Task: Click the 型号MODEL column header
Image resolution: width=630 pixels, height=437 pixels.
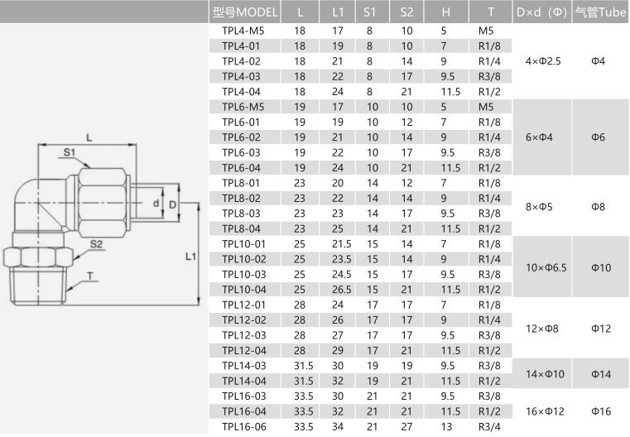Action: coord(245,12)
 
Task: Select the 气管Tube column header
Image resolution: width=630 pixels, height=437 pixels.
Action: coord(601,12)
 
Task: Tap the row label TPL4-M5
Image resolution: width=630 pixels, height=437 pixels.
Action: coord(243,31)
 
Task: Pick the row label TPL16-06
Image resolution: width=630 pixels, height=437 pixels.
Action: coord(244,426)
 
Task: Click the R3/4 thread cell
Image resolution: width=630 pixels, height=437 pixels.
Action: coord(489,426)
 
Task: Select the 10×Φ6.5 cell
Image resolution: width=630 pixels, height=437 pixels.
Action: coord(546,267)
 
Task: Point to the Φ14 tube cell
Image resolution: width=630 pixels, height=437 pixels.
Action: coord(601,374)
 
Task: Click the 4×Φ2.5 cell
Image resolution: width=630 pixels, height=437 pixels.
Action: coord(543,61)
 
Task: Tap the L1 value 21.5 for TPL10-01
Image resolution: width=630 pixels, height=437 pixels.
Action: coord(342,244)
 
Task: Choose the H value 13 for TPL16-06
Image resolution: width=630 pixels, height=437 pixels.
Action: coord(446,426)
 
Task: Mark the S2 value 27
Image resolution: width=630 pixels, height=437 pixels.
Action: coord(406,426)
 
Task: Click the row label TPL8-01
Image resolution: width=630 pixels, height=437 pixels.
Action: coord(241,183)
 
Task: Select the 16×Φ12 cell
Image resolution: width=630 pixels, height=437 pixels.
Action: coord(545,411)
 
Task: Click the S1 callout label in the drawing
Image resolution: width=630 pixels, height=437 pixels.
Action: coord(70,152)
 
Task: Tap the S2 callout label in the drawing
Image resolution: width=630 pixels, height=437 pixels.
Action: coord(96,244)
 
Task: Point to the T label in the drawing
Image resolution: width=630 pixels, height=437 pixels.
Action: coord(90,276)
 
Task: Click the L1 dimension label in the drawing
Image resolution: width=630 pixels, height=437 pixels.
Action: coord(190,257)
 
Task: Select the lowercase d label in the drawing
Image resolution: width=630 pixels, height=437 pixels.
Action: coord(156,204)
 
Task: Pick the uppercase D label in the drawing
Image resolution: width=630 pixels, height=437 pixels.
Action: coord(172,205)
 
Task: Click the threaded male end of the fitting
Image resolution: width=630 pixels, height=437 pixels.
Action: coord(37,286)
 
